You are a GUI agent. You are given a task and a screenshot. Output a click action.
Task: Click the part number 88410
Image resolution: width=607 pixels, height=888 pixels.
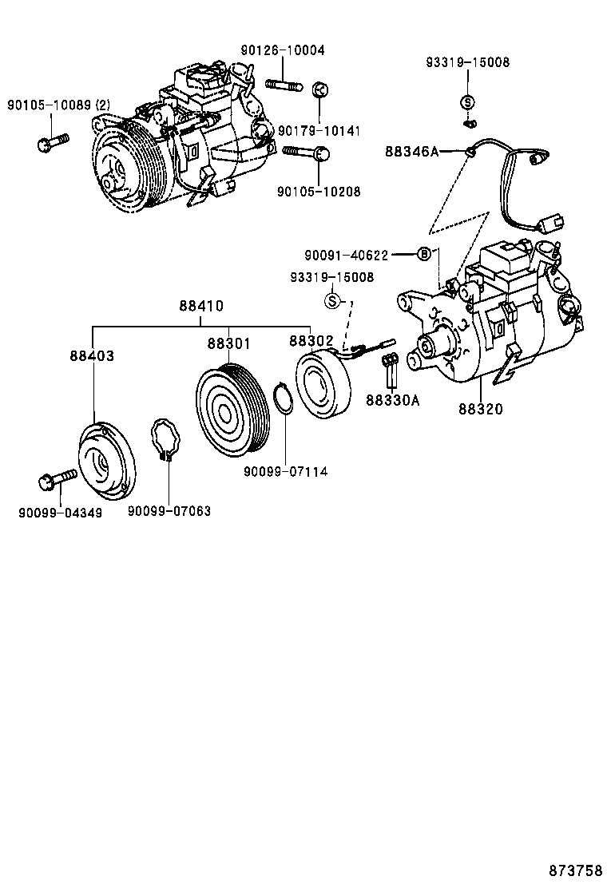click(x=200, y=306)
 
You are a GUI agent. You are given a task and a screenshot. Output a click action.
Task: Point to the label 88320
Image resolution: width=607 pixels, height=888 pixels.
click(x=481, y=409)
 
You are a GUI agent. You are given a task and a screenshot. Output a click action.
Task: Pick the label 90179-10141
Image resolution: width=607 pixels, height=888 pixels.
click(x=319, y=130)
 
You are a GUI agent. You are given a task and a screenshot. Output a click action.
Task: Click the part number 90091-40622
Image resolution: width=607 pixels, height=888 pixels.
click(x=346, y=256)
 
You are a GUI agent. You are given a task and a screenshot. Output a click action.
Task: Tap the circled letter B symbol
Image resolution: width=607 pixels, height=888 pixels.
click(x=425, y=255)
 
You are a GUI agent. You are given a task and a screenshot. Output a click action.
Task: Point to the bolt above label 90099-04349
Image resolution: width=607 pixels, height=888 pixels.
click(x=56, y=480)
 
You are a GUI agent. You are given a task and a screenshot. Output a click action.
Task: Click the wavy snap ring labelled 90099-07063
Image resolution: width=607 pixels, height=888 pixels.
click(x=167, y=440)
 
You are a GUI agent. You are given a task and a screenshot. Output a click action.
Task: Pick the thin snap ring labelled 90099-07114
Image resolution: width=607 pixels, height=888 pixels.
click(x=281, y=399)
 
